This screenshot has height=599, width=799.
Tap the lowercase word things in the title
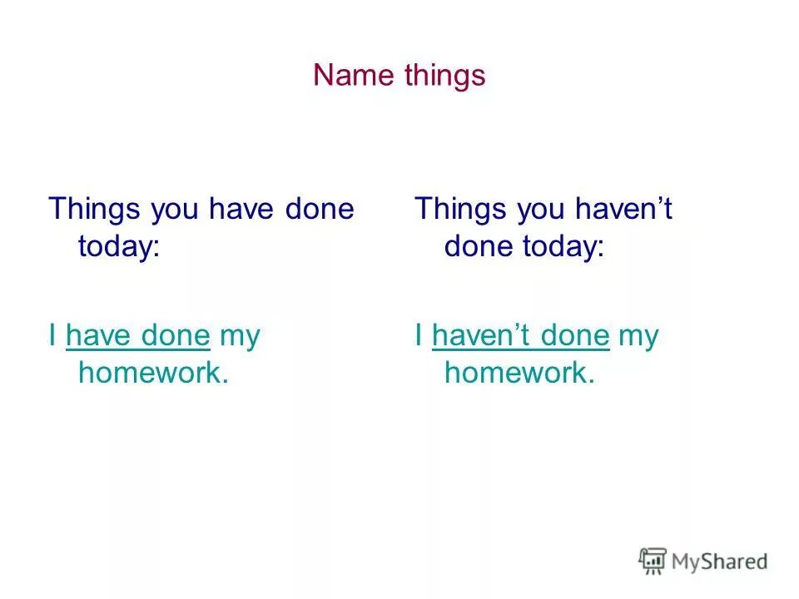click(444, 76)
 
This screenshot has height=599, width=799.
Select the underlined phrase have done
click(137, 336)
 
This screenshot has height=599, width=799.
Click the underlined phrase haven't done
click(521, 336)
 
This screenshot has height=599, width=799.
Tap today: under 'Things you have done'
click(118, 247)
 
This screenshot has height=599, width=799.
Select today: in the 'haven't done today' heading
click(562, 247)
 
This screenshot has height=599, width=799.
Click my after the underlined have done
click(240, 337)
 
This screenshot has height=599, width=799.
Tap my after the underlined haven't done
click(639, 337)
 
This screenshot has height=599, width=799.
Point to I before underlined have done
click(52, 336)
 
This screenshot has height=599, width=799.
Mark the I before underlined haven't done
click(419, 336)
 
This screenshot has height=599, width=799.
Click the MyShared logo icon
click(653, 561)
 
